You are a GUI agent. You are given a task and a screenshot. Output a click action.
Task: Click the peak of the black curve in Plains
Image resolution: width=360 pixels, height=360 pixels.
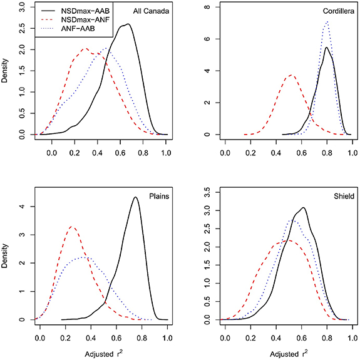click(x=135, y=198)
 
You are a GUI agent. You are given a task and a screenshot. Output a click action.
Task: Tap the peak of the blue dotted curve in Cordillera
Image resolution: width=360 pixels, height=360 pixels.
click(x=327, y=22)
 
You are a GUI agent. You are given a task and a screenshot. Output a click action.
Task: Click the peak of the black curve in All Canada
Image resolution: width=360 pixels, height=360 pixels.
click(x=128, y=24)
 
